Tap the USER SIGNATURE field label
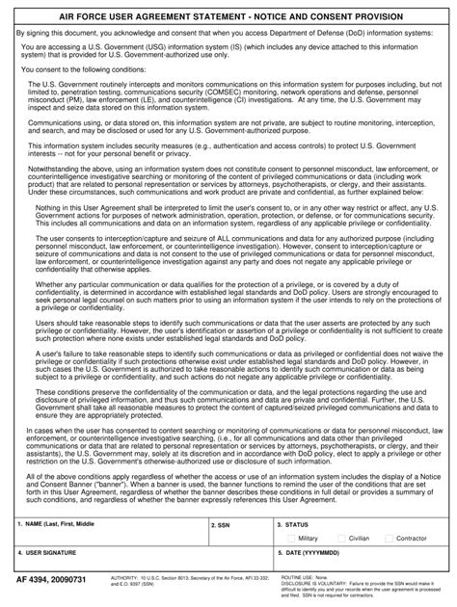click(47, 554)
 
